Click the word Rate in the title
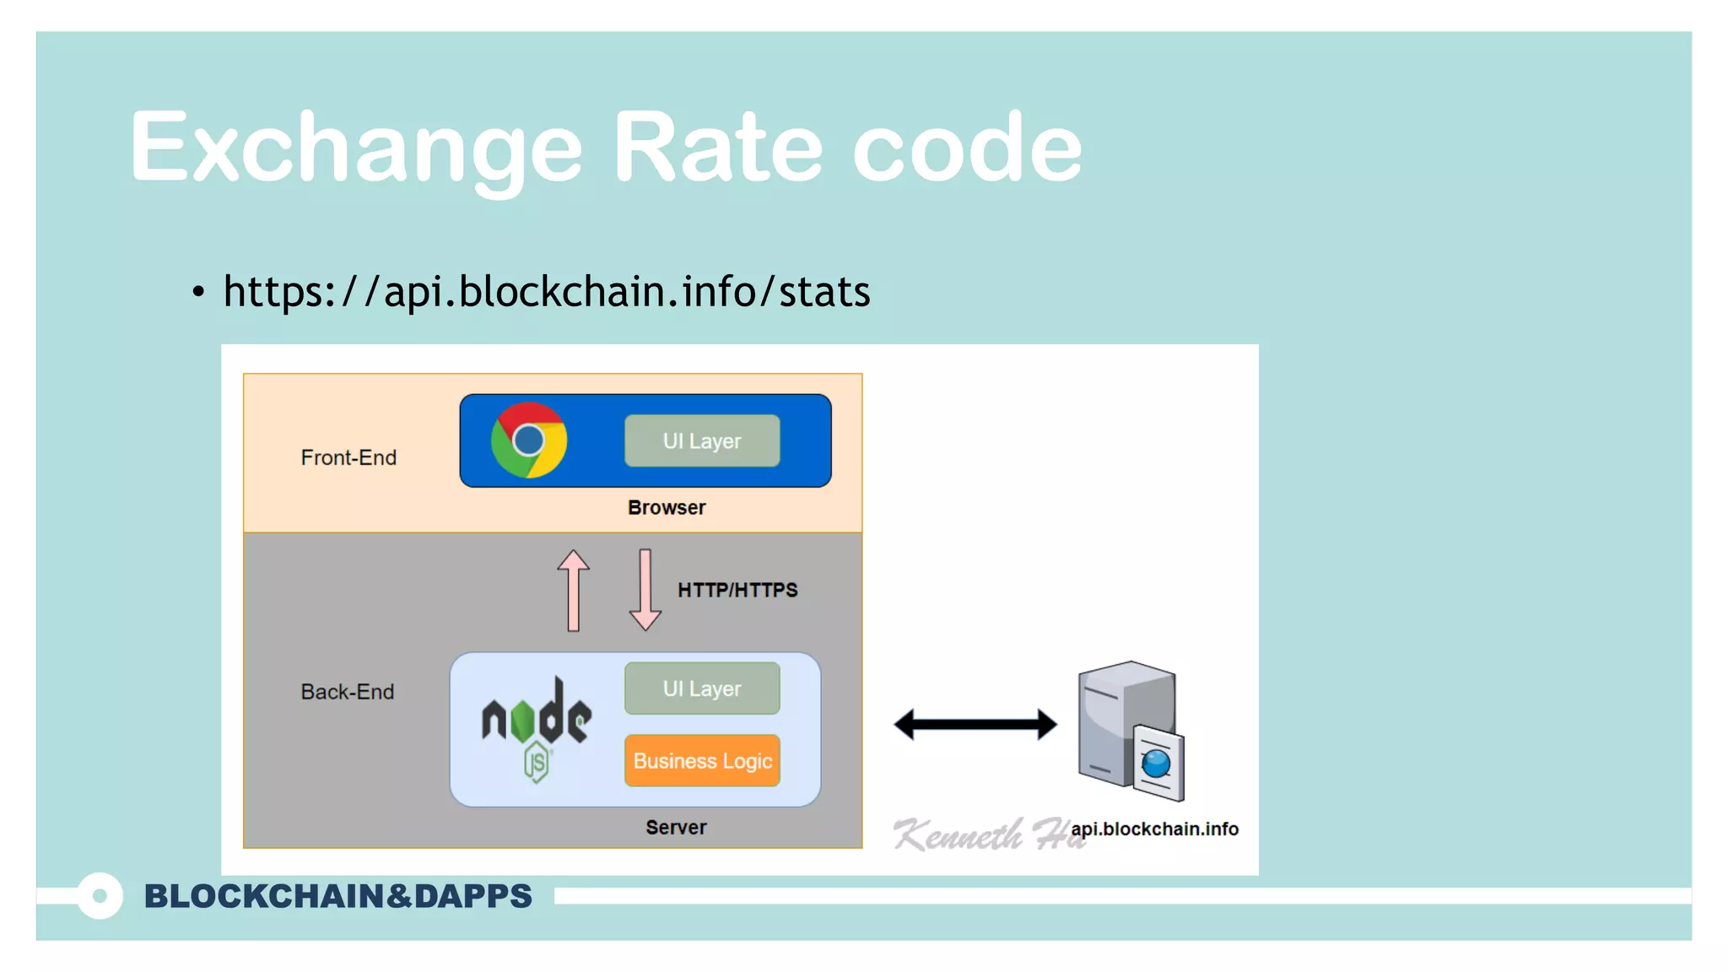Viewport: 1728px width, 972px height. click(716, 148)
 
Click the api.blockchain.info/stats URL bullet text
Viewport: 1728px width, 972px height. click(546, 292)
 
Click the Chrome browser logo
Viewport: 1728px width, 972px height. click(529, 440)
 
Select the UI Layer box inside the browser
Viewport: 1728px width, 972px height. click(702, 440)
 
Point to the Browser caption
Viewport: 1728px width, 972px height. click(667, 507)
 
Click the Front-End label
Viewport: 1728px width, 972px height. click(348, 457)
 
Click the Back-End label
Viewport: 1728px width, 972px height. click(348, 692)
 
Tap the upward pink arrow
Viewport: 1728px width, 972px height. click(574, 590)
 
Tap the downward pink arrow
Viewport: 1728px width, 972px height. click(645, 590)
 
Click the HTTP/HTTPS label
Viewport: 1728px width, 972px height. click(737, 590)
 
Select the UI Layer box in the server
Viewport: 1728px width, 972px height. click(702, 688)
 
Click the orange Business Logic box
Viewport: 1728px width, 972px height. click(702, 760)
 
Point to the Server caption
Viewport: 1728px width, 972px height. click(676, 827)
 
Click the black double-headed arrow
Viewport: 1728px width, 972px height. click(975, 724)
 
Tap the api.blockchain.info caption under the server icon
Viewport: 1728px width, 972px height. click(1154, 829)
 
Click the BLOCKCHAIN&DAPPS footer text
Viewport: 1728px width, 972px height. click(338, 896)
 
